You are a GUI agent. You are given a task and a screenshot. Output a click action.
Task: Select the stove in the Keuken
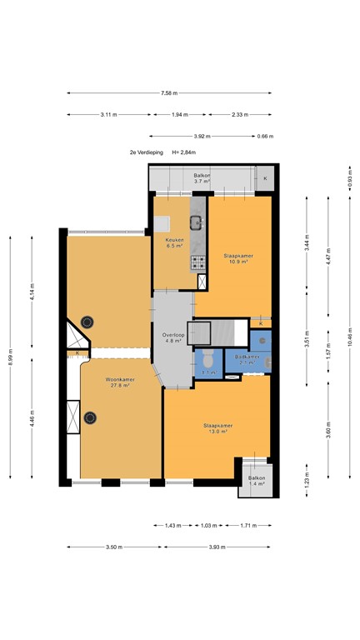pyautogui.click(x=199, y=262)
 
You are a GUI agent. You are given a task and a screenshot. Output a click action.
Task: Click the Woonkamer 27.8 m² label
pyautogui.click(x=120, y=382)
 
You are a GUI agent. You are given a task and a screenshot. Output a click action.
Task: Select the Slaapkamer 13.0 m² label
pyautogui.click(x=217, y=428)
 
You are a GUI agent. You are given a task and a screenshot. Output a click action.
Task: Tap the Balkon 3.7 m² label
pyautogui.click(x=202, y=178)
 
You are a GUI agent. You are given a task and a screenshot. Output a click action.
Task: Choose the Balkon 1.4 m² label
pyautogui.click(x=255, y=481)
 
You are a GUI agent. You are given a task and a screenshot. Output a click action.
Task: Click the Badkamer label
pyautogui.click(x=247, y=358)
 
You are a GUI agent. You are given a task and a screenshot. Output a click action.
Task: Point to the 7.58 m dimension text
pyautogui.click(x=168, y=93)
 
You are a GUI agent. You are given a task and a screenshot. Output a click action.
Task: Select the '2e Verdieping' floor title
pyautogui.click(x=144, y=153)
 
